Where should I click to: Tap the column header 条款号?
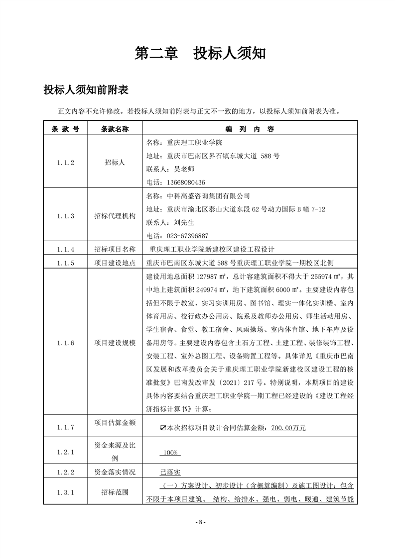point(65,129)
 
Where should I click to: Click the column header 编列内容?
point(250,129)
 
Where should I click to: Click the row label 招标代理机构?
point(115,216)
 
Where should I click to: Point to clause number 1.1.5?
point(65,263)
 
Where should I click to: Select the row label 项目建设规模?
point(115,343)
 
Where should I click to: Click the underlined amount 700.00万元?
point(288,427)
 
